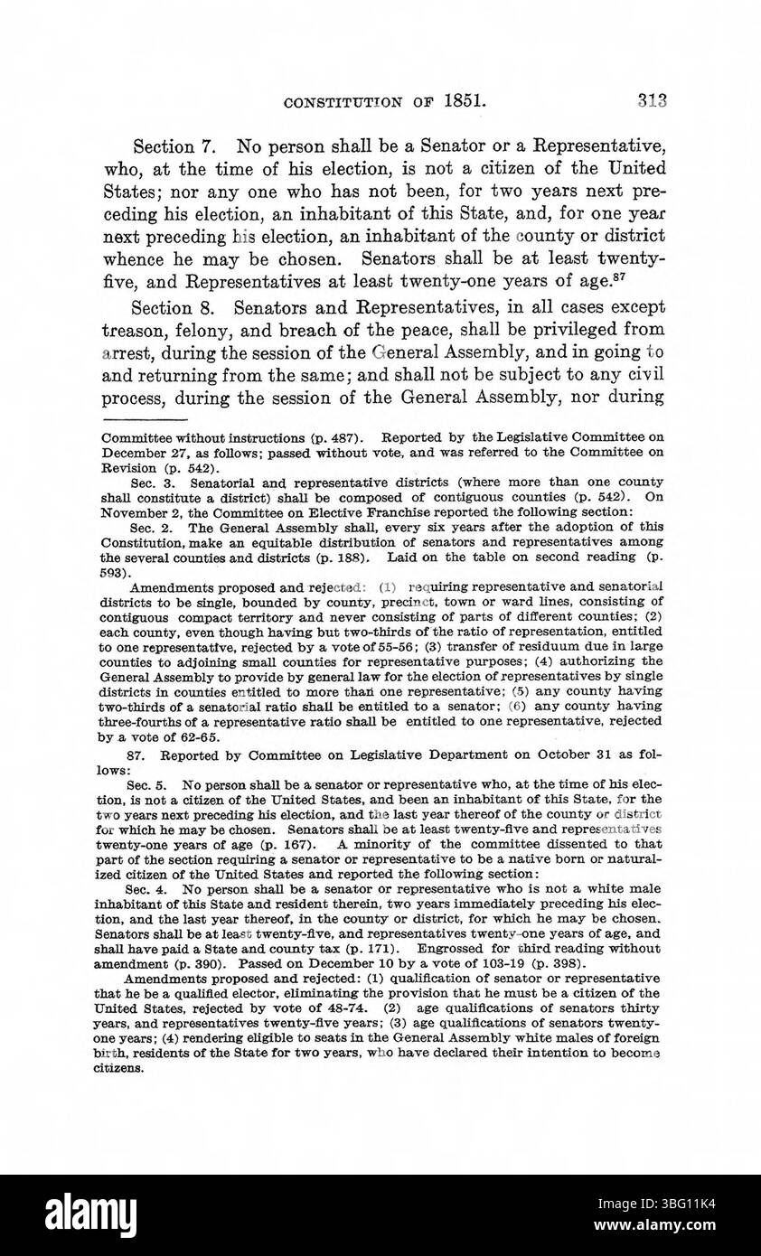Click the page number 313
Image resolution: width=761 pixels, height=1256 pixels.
(x=651, y=100)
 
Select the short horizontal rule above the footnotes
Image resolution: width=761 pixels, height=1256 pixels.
(x=144, y=420)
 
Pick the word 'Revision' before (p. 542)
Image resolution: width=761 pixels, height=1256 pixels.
(x=127, y=468)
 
